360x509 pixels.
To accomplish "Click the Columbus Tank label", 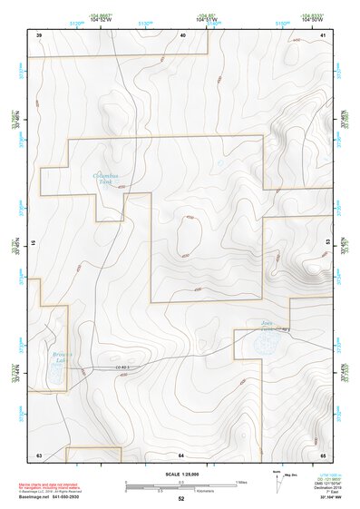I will click(107, 178).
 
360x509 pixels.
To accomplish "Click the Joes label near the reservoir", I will click(266, 323).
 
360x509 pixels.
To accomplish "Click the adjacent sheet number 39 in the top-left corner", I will click(39, 34).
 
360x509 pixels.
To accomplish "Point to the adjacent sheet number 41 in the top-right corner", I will click(323, 34).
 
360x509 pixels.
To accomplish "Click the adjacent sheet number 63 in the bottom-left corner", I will click(39, 454).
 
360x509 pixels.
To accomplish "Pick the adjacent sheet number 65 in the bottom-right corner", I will click(323, 454).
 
